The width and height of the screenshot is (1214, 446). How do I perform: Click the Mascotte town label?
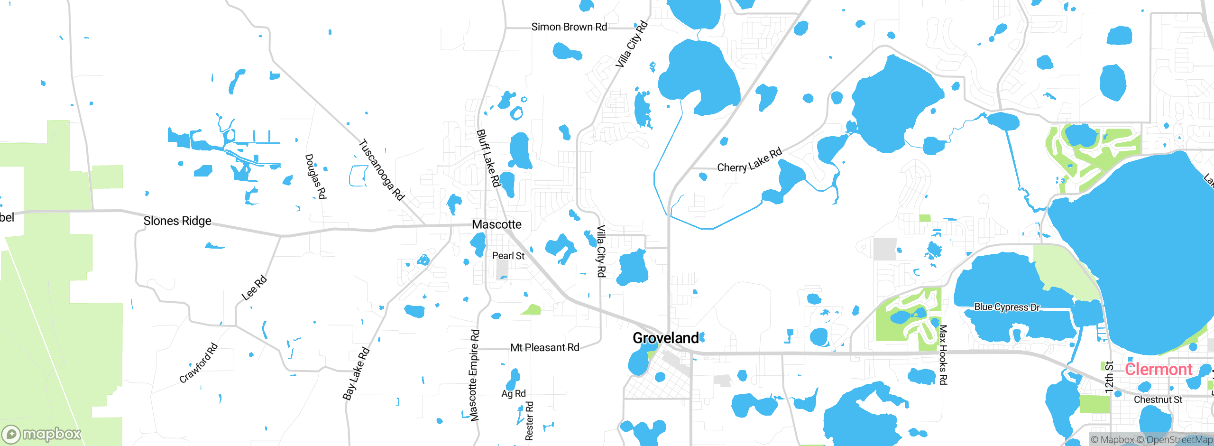(x=497, y=224)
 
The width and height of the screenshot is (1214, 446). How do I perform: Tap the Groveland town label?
(x=665, y=338)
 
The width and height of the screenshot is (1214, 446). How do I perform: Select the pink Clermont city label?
(x=1158, y=369)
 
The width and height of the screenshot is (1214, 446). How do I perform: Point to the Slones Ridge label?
(x=177, y=221)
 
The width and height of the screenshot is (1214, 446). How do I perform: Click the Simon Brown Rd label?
(x=569, y=27)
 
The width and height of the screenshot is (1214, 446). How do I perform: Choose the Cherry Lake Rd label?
(x=749, y=161)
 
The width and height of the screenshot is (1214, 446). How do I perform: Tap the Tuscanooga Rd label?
(x=381, y=169)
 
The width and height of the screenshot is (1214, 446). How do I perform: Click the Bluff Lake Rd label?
(x=488, y=158)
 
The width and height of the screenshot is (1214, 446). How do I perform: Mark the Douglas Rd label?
(x=316, y=176)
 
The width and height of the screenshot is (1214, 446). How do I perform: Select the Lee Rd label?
(x=254, y=288)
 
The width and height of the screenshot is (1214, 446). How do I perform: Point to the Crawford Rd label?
(x=198, y=363)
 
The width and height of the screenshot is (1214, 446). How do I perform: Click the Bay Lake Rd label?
(x=356, y=374)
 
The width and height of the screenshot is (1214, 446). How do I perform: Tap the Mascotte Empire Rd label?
(x=474, y=375)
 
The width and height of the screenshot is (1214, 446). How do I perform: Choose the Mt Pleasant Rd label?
(x=545, y=348)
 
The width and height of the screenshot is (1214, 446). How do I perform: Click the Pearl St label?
(x=508, y=256)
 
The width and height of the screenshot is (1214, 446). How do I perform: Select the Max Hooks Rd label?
(x=943, y=355)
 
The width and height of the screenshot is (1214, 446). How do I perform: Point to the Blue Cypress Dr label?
(x=1007, y=307)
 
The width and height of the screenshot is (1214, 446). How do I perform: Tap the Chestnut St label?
(x=1158, y=400)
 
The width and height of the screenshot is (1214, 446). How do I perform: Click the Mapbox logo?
(x=42, y=434)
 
